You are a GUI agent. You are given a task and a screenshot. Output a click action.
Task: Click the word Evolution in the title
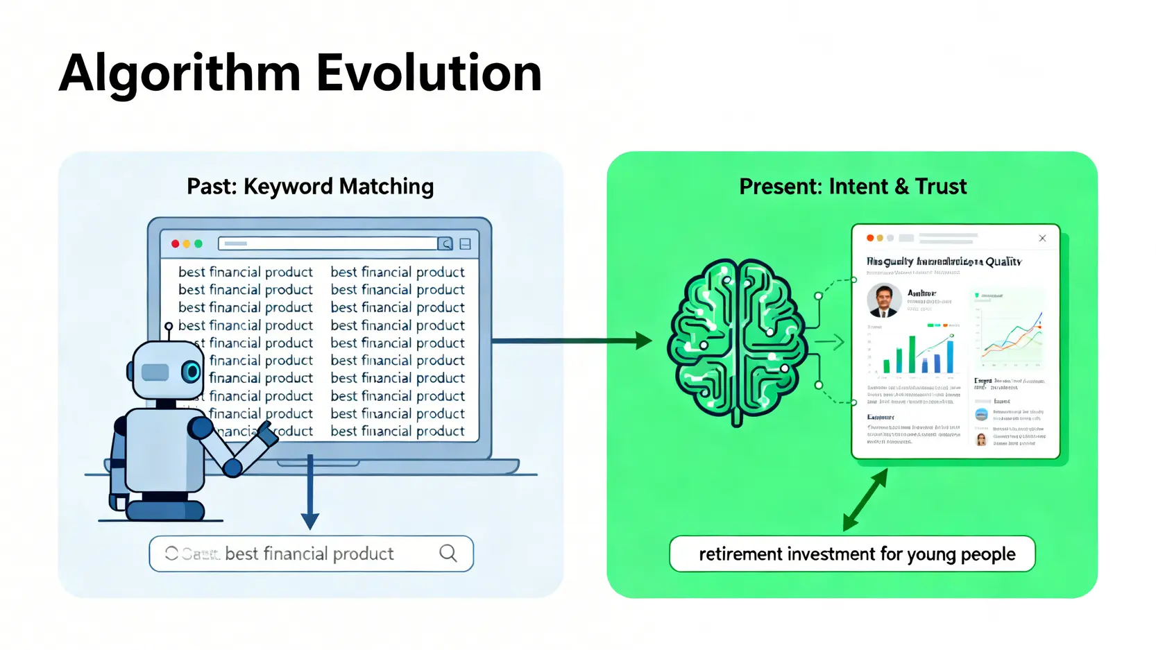pos(429,73)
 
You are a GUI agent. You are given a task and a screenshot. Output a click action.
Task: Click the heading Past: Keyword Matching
pos(310,187)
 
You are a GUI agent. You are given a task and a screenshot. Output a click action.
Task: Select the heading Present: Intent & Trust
pos(852,187)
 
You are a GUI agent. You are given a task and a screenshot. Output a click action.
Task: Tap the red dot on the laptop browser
pos(176,243)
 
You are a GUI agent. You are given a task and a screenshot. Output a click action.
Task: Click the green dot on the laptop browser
pos(198,243)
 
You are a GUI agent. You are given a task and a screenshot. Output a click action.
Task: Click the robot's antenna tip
pos(169,326)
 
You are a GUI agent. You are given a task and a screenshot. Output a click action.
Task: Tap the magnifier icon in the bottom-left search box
pos(448,553)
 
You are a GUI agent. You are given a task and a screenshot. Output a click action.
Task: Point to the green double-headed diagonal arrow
pos(865,499)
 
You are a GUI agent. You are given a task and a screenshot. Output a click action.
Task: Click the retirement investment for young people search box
pos(852,554)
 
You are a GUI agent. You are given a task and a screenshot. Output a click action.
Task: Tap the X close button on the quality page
pos(1042,238)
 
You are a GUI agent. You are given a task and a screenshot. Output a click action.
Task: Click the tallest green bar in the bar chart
pos(912,354)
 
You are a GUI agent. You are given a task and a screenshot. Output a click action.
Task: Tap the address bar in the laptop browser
pos(328,243)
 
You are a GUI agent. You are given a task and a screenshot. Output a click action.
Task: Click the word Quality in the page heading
pos(1003,262)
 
